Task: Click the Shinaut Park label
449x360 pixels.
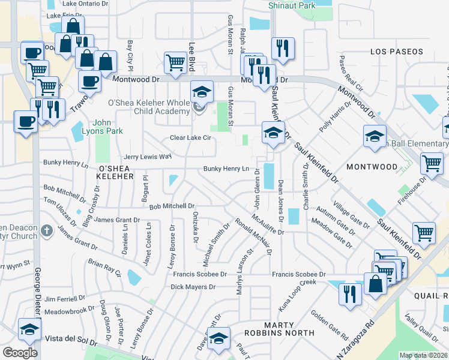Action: tap(292, 5)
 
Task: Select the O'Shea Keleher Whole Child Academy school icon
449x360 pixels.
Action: tap(202, 92)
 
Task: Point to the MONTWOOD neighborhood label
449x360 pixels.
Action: tap(372, 166)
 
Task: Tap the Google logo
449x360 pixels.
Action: tap(20, 352)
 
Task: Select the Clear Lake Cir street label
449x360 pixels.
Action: tap(191, 138)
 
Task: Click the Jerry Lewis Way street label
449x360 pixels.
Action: tap(148, 157)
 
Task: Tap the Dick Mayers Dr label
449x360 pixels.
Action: tap(193, 287)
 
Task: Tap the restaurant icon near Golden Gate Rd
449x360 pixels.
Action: tap(348, 293)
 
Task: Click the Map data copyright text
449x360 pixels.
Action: tap(424, 355)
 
